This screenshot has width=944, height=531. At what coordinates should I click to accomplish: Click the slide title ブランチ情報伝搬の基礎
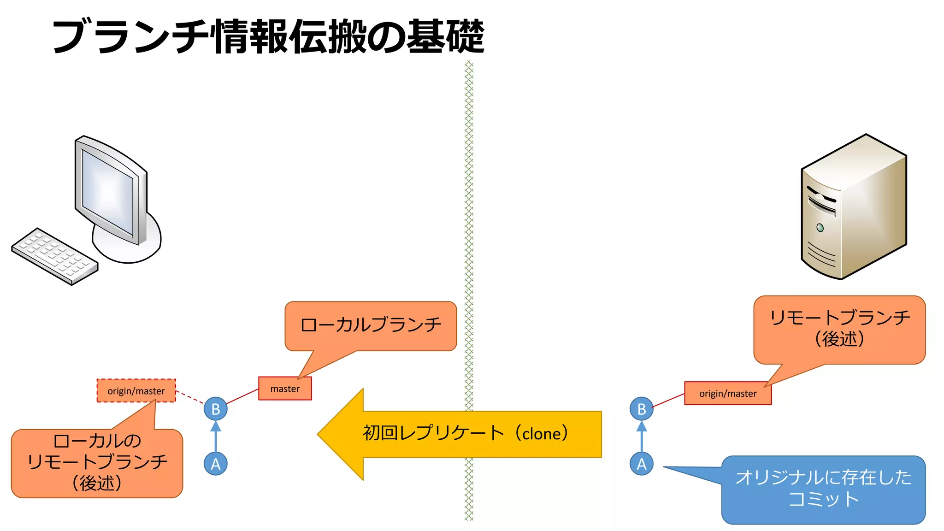[268, 36]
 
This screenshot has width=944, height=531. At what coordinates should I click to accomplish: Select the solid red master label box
[285, 389]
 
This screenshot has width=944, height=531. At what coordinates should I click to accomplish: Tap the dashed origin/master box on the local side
[136, 391]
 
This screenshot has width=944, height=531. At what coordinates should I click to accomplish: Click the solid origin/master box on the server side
[727, 394]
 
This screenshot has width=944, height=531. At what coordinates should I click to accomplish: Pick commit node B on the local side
[215, 409]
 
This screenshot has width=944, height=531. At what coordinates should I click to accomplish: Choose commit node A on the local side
[215, 464]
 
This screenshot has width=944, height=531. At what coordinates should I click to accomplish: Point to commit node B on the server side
[641, 409]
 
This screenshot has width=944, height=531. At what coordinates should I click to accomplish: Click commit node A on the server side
[641, 464]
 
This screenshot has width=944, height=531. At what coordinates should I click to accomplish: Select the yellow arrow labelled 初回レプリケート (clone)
[461, 434]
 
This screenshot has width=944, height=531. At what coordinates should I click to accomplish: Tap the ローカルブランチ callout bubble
[371, 325]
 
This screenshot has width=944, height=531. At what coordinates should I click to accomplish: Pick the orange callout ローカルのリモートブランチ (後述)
[97, 463]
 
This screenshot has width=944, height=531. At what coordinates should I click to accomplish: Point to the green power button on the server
[820, 227]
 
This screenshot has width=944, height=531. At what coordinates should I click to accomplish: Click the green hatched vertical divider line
[469, 230]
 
